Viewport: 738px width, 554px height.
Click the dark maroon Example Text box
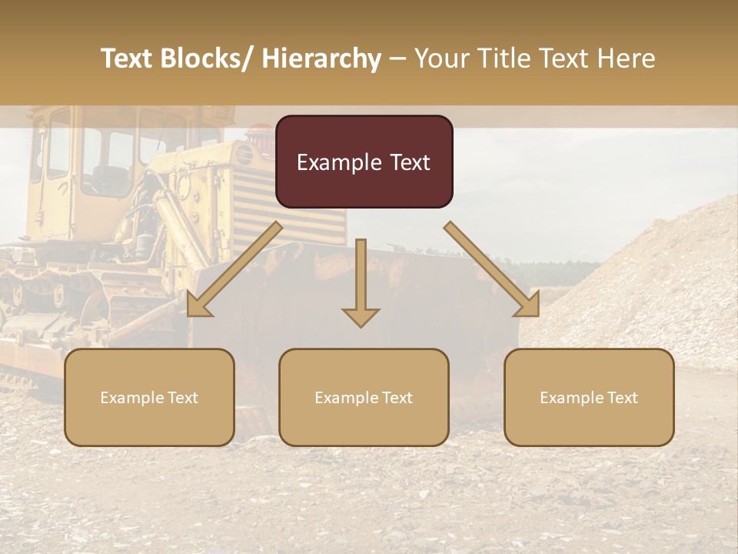[364, 162]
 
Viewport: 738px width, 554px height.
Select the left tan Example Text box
[149, 397]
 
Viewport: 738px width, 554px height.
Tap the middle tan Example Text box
[364, 397]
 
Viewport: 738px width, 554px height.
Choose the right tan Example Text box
[589, 397]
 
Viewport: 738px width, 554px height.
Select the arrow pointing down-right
[492, 270]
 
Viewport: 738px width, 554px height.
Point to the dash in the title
[397, 58]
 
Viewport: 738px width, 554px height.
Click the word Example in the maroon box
[329, 162]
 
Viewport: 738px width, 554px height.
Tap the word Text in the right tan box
[622, 398]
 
